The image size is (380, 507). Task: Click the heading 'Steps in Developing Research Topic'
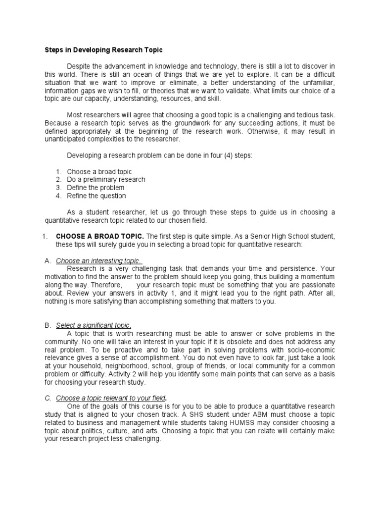pos(104,50)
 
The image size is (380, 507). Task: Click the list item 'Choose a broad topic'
pos(99,172)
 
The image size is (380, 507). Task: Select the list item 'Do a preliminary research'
pos(106,180)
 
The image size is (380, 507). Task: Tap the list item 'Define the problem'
pos(95,188)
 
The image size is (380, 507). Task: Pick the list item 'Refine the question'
pos(96,196)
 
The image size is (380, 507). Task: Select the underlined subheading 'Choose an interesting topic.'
pos(99,260)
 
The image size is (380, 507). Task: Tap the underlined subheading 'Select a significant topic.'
pos(94,325)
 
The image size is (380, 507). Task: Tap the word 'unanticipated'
pos(65,139)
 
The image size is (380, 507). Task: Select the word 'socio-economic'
pos(312,350)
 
